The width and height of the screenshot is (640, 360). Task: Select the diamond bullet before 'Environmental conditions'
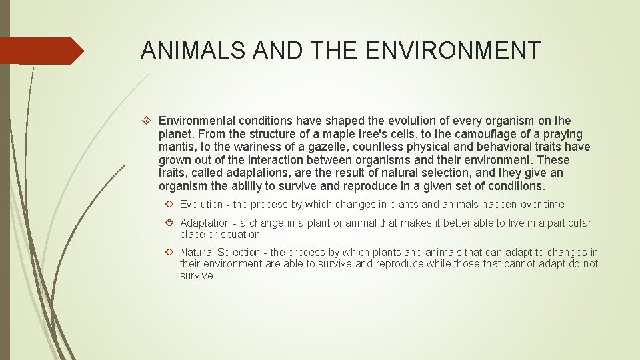coord(149,121)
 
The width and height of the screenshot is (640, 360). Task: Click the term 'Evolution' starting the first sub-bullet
coord(201,205)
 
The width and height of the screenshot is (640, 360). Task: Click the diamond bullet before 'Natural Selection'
coord(171,252)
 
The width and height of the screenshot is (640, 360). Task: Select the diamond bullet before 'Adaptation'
coord(171,223)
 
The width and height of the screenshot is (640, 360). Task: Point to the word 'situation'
coord(239,234)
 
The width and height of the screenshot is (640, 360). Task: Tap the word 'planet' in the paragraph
coord(175,134)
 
